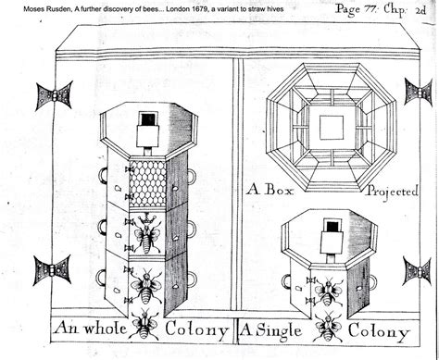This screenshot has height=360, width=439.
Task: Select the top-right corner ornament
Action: [x=418, y=91]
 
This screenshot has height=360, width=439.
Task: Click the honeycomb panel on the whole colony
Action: [x=149, y=180]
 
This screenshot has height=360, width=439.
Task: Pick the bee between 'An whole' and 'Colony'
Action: [x=145, y=324]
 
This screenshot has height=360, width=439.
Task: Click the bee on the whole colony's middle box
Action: [x=147, y=235]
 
